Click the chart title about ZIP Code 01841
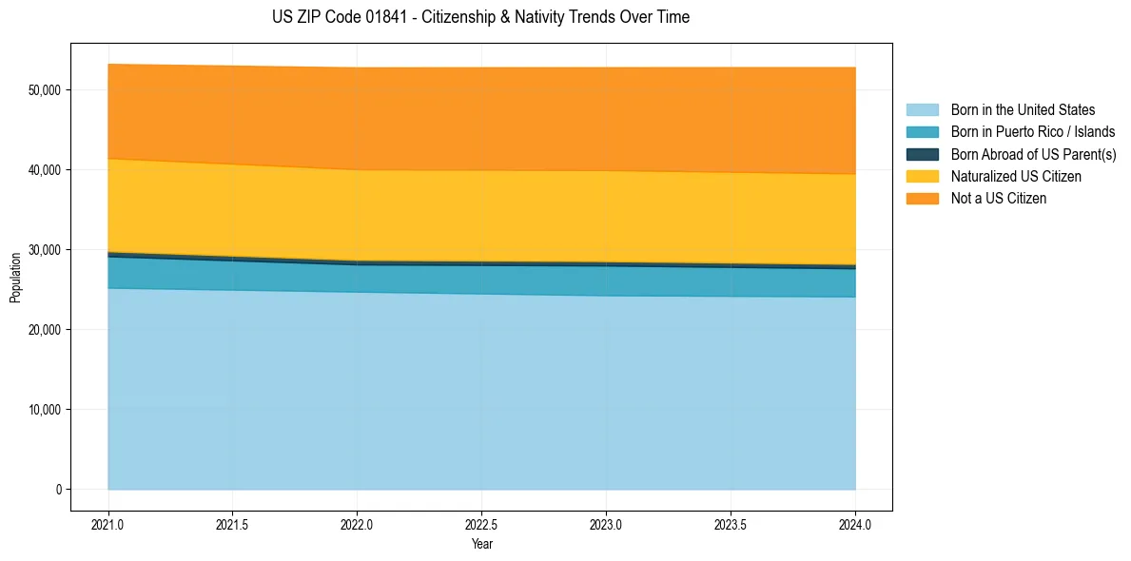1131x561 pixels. (x=480, y=17)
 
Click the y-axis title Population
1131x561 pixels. (x=15, y=278)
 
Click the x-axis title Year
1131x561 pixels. (x=481, y=544)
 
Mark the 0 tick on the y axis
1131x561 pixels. (x=58, y=490)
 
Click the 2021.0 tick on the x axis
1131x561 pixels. (x=107, y=524)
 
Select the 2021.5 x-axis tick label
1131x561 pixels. (x=232, y=524)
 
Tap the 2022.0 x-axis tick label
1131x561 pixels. (x=357, y=524)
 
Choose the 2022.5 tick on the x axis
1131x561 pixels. (x=481, y=524)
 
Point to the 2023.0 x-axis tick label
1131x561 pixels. (x=606, y=524)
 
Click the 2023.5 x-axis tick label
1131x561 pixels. (x=731, y=524)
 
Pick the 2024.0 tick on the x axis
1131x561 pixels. (x=855, y=524)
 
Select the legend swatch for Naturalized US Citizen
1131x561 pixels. (x=922, y=177)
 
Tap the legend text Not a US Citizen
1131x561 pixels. (x=998, y=199)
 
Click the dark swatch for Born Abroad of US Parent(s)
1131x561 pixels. (x=922, y=154)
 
